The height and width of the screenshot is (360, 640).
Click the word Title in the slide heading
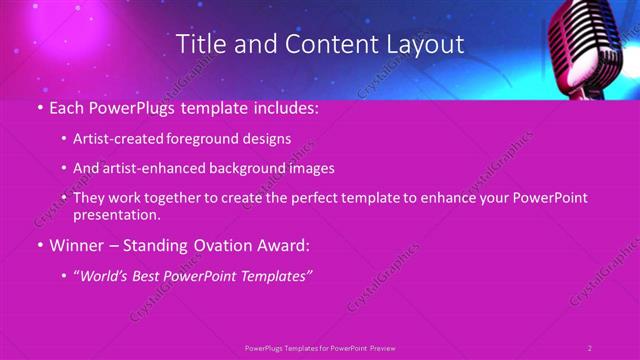pos(199,44)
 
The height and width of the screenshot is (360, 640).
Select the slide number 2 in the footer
pos(590,347)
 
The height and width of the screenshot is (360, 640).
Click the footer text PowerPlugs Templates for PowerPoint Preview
pos(320,347)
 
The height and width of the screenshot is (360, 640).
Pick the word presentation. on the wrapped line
pos(116,214)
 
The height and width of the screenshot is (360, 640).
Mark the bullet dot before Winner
pos(39,244)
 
